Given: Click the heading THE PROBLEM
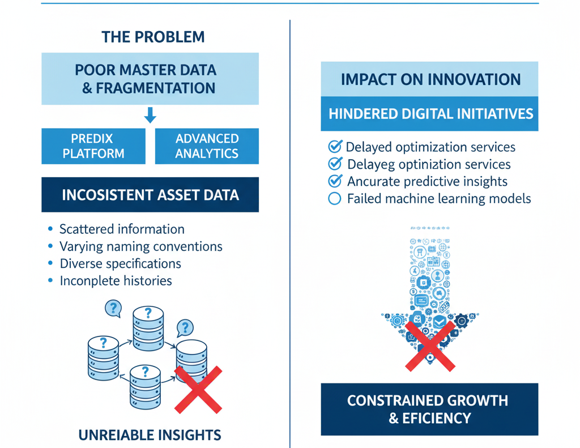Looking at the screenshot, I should point(153,37).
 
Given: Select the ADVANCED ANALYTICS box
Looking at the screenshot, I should point(207,146).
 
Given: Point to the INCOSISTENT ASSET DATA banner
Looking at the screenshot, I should point(150,195).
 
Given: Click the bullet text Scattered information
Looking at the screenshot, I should point(122,229).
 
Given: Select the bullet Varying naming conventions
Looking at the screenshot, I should point(141,246).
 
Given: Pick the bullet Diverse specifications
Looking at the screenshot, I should point(120,263).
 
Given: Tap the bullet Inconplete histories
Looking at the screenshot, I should point(116,281).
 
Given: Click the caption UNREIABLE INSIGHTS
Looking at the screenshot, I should point(150,435).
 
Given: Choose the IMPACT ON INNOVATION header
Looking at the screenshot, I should point(430,79).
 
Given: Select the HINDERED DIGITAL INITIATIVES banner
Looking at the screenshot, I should point(430,114).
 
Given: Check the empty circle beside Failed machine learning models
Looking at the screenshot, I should point(335,199).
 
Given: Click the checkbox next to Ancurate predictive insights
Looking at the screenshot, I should point(335,181).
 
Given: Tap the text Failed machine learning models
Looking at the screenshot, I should point(439,199).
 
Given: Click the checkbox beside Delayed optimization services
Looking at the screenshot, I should point(335,147).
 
